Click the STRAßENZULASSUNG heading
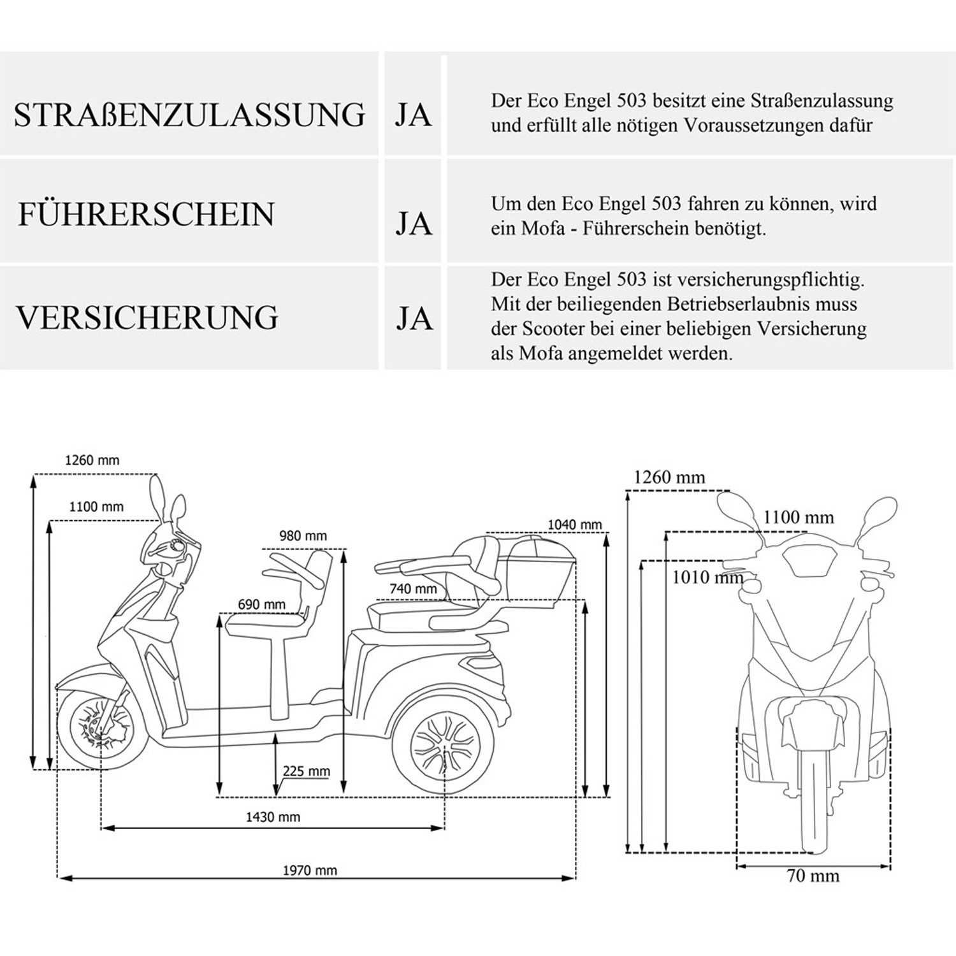coord(189,115)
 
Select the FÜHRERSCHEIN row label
coord(146,214)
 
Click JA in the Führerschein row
coord(414,224)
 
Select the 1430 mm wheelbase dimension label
coord(273,817)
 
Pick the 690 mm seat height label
coord(261,604)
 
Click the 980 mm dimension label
coord(303,536)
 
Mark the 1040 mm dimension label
coord(574,525)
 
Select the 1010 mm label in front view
coord(707,577)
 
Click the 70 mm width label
coord(813,876)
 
